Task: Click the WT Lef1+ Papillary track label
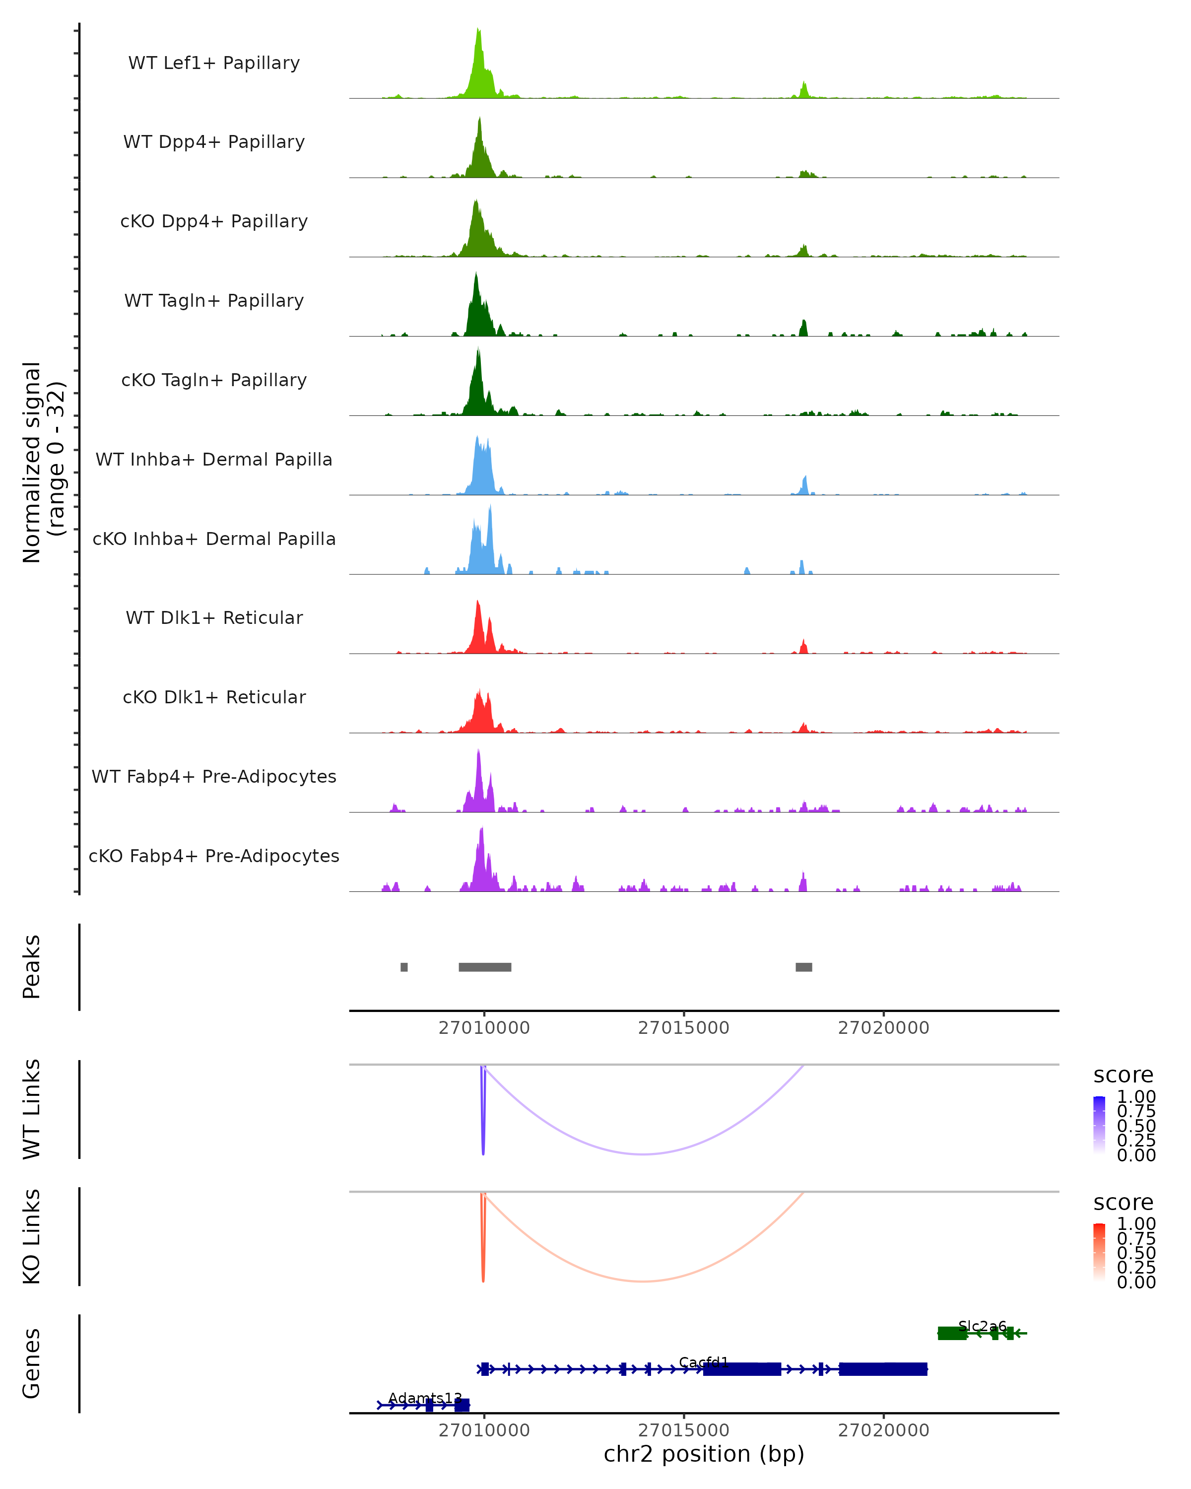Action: tap(214, 63)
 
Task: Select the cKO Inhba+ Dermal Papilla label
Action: tap(214, 539)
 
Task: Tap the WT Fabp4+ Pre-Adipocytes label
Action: tap(214, 776)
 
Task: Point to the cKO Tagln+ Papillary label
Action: tap(214, 380)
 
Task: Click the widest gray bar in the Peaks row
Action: tap(485, 967)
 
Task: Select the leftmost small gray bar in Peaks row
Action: tap(404, 967)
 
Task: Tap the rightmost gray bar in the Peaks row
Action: tap(803, 967)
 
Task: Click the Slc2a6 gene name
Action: tap(982, 1326)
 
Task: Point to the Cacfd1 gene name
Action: tap(704, 1362)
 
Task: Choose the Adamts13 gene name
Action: tap(425, 1398)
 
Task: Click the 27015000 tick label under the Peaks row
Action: tap(683, 1028)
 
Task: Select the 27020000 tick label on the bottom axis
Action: tap(884, 1430)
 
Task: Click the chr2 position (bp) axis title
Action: tap(704, 1454)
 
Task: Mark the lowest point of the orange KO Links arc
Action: tap(643, 1281)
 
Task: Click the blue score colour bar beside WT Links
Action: tap(1099, 1125)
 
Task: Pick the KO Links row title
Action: tap(32, 1236)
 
